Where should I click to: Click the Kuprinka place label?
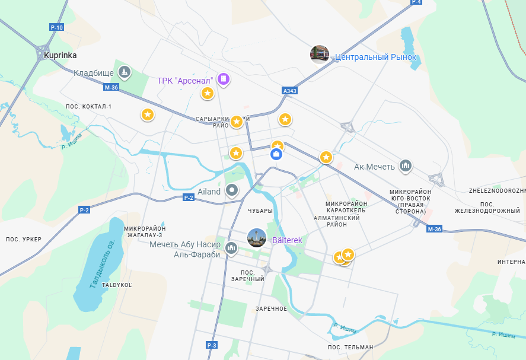tap(60, 55)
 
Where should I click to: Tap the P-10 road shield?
tap(57, 28)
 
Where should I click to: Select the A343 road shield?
tap(289, 91)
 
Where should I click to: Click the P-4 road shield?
tap(416, 2)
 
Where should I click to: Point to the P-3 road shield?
tap(212, 345)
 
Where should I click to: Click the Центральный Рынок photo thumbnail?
tap(320, 55)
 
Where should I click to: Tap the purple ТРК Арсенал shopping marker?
tap(223, 79)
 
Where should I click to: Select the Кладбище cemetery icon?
tap(124, 73)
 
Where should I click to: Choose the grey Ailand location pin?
tap(232, 190)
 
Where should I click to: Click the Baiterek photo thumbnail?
tap(257, 238)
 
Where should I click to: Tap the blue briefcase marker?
tap(276, 154)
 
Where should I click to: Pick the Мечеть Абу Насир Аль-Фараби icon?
tap(231, 249)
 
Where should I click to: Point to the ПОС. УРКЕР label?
tap(24, 239)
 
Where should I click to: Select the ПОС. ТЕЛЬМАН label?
tap(350, 347)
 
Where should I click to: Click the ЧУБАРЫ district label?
tap(261, 211)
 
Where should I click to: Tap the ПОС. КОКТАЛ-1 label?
tap(88, 107)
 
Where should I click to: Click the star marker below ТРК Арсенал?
tap(208, 93)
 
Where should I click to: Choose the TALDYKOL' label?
tap(117, 285)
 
